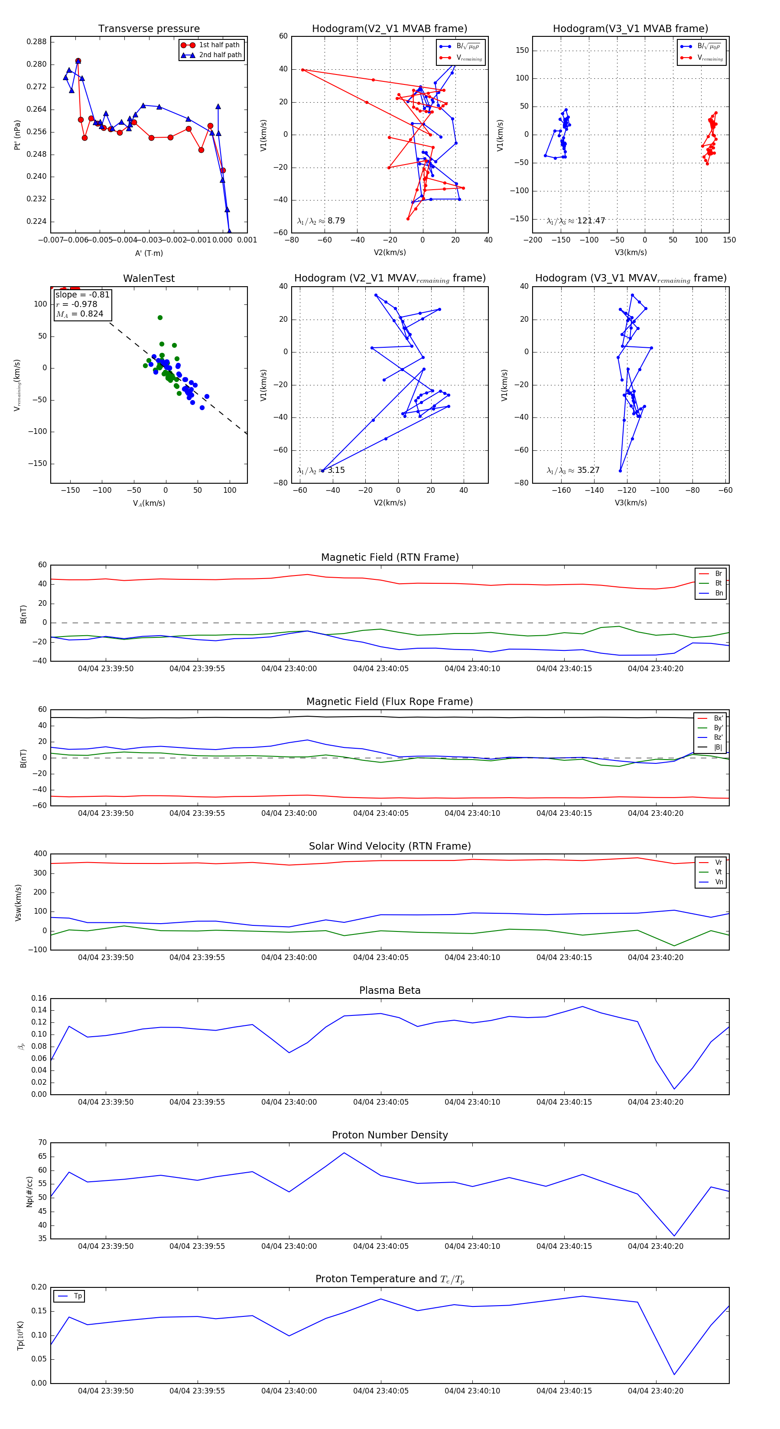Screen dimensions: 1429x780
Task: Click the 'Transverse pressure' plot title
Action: (x=149, y=29)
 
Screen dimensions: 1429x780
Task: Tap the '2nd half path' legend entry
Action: (x=220, y=55)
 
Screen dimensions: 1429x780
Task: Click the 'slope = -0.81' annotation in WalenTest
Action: (x=82, y=294)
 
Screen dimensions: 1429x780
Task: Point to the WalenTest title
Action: (x=149, y=278)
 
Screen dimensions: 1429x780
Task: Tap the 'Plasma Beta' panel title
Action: (x=390, y=990)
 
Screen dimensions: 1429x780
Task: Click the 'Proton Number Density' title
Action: (x=390, y=1135)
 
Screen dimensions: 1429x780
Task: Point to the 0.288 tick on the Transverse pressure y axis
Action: (x=37, y=42)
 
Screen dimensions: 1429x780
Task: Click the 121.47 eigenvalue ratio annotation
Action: (x=576, y=221)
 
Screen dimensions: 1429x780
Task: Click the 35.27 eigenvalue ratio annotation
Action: (x=573, y=470)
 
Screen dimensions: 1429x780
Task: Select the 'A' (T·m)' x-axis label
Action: (x=149, y=253)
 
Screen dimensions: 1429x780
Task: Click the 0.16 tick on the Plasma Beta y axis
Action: (x=39, y=998)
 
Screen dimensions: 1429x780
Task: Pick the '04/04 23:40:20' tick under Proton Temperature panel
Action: (x=656, y=1391)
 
